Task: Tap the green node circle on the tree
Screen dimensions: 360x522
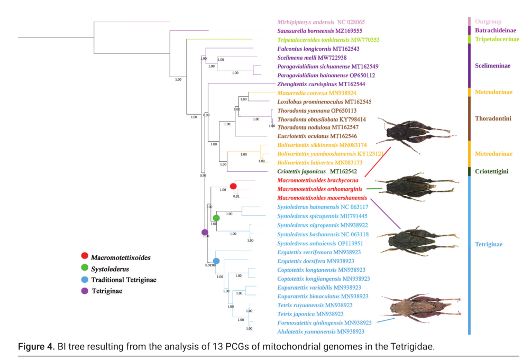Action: click(216, 218)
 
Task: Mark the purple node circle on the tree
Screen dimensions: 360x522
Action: click(205, 232)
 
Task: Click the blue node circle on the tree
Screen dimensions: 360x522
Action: click(216, 261)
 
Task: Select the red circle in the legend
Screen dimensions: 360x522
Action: click(84, 257)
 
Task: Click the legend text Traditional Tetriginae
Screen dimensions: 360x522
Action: click(123, 279)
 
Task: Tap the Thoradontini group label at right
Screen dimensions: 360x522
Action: click(492, 118)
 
